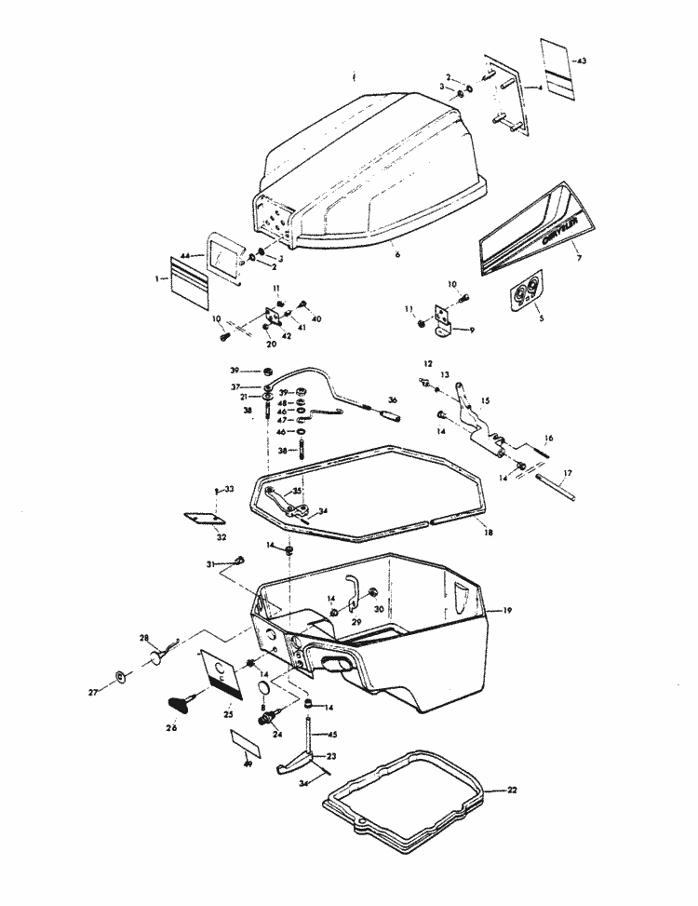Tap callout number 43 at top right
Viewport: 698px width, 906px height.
coord(582,61)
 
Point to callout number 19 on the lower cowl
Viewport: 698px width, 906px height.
coord(507,610)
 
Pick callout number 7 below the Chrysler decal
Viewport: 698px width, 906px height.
coord(577,253)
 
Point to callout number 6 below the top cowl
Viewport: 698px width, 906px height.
coord(396,253)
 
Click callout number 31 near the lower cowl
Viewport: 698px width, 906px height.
coord(210,564)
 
